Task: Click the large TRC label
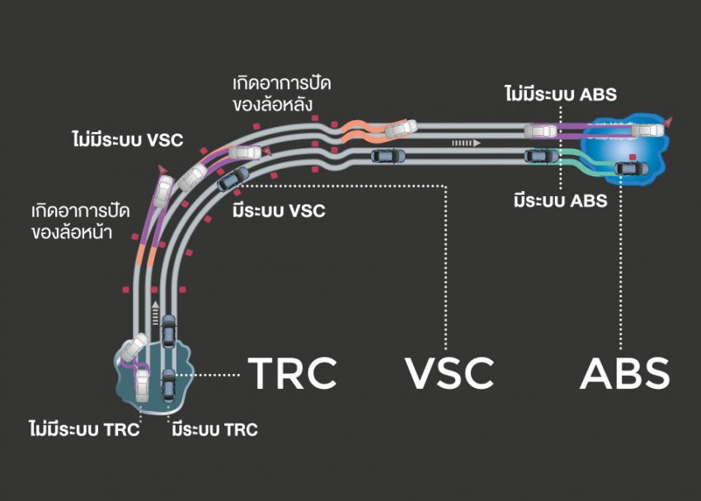pyautogui.click(x=293, y=372)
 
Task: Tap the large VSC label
pyautogui.click(x=450, y=372)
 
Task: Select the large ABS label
pyautogui.click(x=624, y=372)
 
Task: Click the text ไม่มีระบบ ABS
pyautogui.click(x=560, y=93)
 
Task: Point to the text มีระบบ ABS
pyautogui.click(x=560, y=200)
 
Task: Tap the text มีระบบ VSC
pyautogui.click(x=279, y=211)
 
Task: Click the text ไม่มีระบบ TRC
pyautogui.click(x=83, y=429)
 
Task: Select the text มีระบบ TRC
pyautogui.click(x=214, y=429)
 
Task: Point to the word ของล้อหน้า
pyautogui.click(x=81, y=232)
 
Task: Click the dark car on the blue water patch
pyautogui.click(x=631, y=168)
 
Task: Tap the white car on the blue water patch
pyautogui.click(x=648, y=128)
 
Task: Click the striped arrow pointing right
pyautogui.click(x=464, y=143)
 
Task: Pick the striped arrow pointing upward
pyautogui.click(x=153, y=310)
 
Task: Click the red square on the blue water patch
pyautogui.click(x=632, y=155)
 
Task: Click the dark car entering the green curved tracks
pyautogui.click(x=541, y=155)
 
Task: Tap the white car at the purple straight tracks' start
pyautogui.click(x=541, y=129)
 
